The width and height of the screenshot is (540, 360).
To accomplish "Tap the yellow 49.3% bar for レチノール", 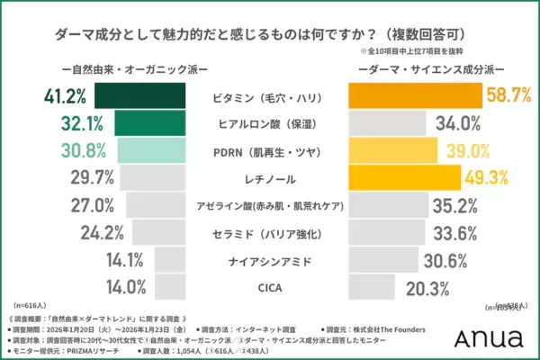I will pyautogui.click(x=404, y=177).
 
